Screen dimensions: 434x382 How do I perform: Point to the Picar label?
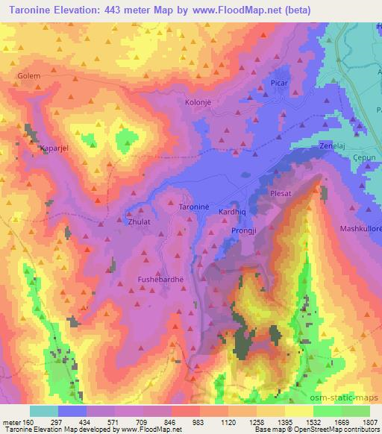279,84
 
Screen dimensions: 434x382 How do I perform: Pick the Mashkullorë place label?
360,229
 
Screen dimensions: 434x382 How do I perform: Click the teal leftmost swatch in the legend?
44,411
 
